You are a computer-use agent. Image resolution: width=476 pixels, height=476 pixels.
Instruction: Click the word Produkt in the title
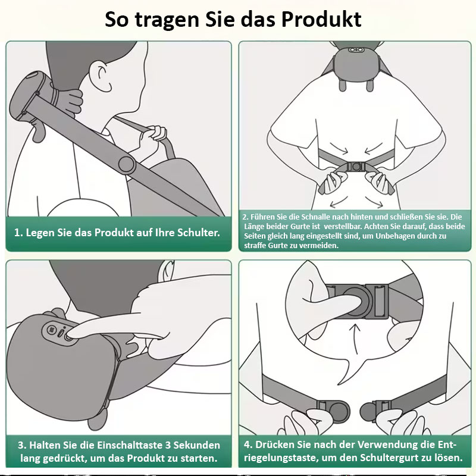(x=321, y=20)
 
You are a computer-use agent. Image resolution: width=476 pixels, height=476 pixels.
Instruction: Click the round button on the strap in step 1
(x=127, y=165)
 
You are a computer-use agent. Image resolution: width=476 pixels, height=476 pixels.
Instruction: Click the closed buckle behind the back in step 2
(x=356, y=167)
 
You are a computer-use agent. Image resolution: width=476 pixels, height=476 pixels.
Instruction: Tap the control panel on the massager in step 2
(x=356, y=50)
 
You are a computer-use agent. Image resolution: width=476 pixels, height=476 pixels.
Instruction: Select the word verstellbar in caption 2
(x=343, y=227)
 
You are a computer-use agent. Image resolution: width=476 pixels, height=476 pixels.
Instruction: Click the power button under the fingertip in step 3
(x=69, y=337)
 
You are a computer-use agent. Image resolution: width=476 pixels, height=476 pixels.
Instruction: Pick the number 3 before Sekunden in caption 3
(x=168, y=445)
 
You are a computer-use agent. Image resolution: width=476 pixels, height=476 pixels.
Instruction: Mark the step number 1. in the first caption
(x=18, y=233)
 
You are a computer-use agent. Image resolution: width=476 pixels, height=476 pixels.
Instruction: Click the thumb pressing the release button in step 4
(x=331, y=301)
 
